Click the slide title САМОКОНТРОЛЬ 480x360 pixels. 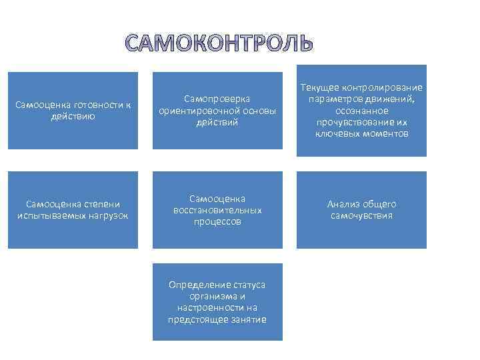219,43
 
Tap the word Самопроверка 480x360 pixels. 217,99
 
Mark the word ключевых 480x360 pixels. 337,135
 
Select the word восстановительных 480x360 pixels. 217,210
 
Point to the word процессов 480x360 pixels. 217,222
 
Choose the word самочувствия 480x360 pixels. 361,216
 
